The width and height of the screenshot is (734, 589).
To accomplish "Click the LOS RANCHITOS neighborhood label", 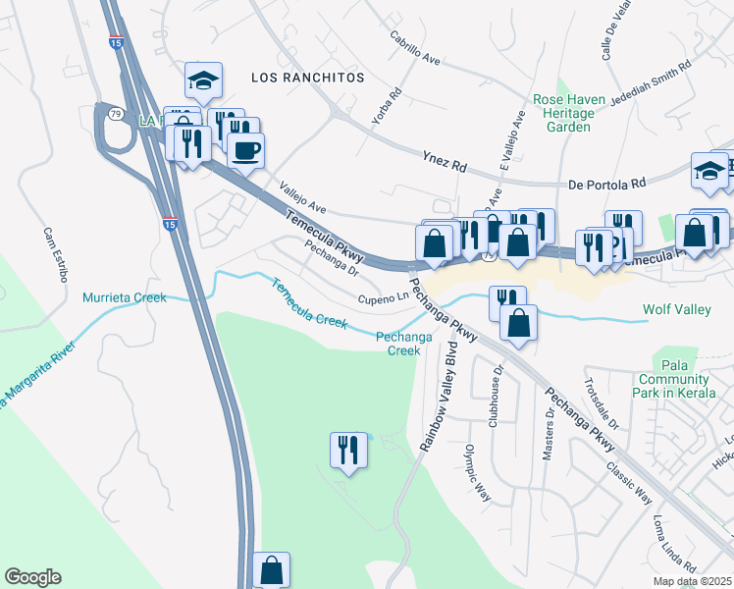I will pos(307,77).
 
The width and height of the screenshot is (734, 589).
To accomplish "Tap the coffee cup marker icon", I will pos(245,150).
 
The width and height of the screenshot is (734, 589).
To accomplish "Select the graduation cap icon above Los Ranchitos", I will pos(203,80).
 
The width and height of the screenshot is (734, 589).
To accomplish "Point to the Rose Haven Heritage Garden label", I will pos(563,113).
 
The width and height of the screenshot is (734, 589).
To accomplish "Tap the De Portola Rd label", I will pos(607,184).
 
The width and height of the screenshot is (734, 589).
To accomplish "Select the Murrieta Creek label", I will pos(125,296).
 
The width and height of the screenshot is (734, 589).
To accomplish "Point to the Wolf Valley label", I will pos(676,310).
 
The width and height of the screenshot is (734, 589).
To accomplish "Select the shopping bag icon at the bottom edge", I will pos(271,569).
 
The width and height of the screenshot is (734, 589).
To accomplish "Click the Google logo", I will pos(32,577).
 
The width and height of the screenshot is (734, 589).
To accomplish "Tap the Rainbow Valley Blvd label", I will pos(440,396).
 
